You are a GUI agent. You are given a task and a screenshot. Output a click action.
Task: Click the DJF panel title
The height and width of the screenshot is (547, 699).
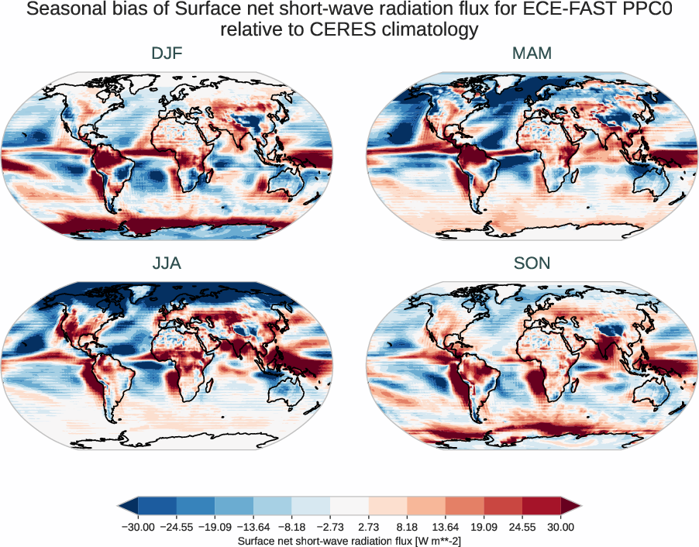coord(167,53)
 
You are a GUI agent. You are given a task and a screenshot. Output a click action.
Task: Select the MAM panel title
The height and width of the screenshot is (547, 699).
coord(532,53)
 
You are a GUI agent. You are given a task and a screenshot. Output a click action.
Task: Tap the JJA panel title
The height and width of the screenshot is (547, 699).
coord(167,263)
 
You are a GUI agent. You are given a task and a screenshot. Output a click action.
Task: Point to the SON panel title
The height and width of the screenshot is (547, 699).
coord(532,263)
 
